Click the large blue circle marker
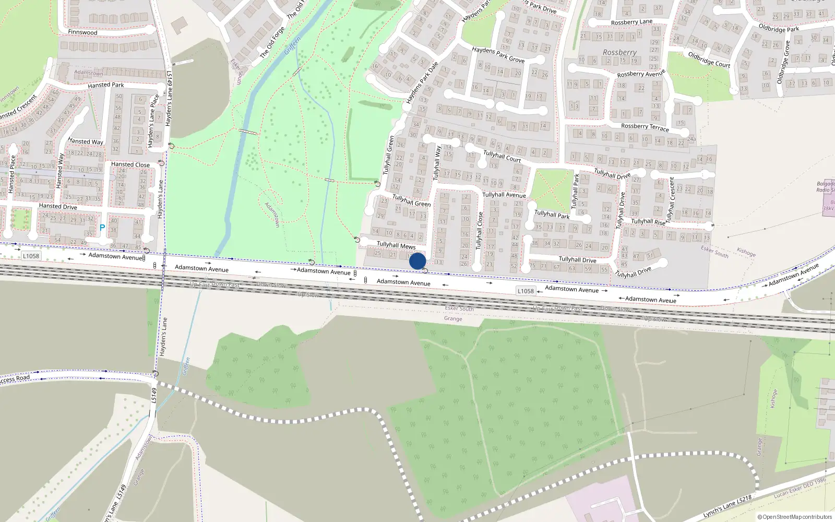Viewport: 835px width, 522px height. coord(417,261)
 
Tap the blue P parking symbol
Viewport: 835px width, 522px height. coord(102,228)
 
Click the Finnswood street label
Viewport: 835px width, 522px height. coord(82,32)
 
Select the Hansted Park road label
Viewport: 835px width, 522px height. coord(106,85)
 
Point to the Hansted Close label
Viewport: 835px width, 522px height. coord(130,164)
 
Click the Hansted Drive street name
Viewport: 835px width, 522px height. coord(58,206)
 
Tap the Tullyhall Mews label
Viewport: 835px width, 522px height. coord(396,245)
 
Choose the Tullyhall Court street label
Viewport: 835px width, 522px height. coord(502,156)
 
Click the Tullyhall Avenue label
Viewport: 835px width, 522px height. coord(504,195)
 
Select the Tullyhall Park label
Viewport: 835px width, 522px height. coord(552,215)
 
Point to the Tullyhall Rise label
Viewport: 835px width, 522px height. coord(648,222)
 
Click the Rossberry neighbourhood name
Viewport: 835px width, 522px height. coord(619,53)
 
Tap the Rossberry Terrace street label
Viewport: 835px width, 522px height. coord(645,126)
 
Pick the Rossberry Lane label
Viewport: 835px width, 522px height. coord(631,22)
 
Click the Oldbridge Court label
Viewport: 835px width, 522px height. coord(709,60)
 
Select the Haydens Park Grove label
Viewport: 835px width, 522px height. coord(498,55)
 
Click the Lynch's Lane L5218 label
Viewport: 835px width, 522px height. coord(727,506)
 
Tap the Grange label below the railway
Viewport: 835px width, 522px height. coord(453,318)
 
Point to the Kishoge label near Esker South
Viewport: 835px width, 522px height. coord(746,252)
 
